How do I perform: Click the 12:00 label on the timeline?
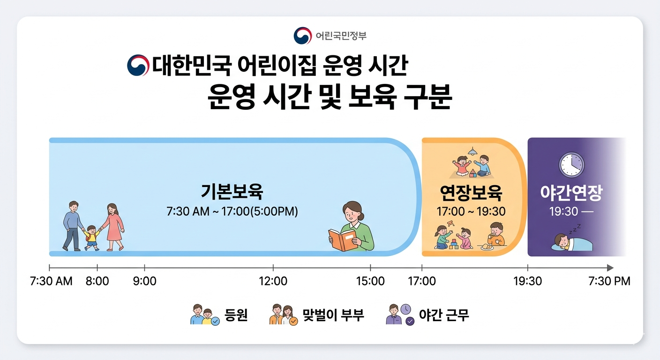[x=273, y=281]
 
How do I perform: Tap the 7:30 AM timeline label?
[x=51, y=281]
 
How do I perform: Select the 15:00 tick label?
[x=370, y=281]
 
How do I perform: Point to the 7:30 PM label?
[x=609, y=281]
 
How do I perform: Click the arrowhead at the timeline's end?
[x=610, y=268]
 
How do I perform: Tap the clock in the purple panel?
[x=571, y=165]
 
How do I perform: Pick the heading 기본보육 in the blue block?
[x=232, y=192]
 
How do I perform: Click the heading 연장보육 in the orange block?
[x=471, y=193]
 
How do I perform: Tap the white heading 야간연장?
[x=571, y=193]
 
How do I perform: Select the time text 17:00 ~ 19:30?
[x=471, y=211]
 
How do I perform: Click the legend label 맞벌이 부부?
[x=333, y=315]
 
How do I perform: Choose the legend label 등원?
[x=236, y=315]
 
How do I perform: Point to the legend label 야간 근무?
[x=444, y=315]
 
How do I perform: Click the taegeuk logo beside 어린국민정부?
[x=303, y=36]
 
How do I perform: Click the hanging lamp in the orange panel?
[x=472, y=151]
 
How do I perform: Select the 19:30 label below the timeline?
[x=528, y=281]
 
